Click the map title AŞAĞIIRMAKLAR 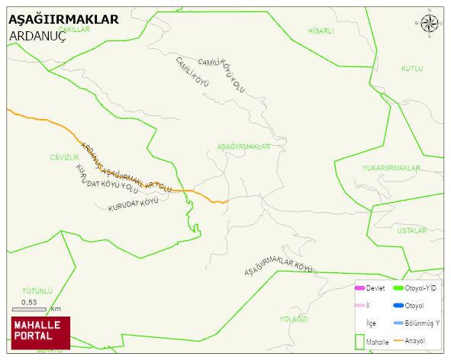pos(63,20)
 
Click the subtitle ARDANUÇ pos(38,35)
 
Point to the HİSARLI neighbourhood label pos(321,31)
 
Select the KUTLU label pos(412,69)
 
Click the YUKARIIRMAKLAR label pos(391,168)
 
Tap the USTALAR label pos(411,230)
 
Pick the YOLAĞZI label pos(293,319)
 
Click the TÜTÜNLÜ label pos(37,291)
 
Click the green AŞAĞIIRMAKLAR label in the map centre pos(244,146)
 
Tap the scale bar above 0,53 pos(30,309)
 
